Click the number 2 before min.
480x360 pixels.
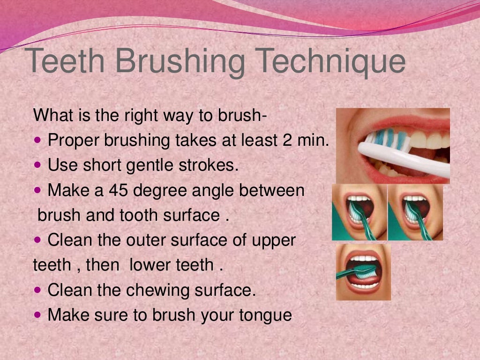(288, 140)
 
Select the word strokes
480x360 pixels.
(212, 165)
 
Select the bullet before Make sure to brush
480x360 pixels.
(38, 315)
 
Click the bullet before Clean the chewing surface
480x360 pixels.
(38, 290)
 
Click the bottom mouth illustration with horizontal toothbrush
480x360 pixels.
(363, 272)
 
